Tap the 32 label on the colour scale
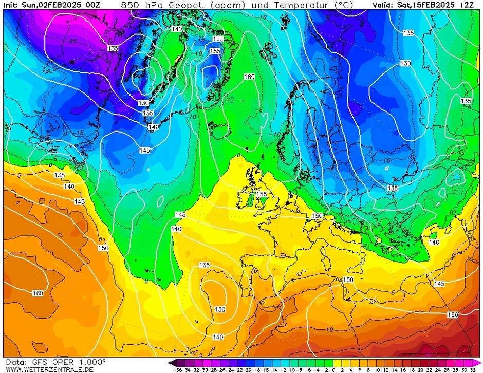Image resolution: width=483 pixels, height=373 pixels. (x=472, y=369)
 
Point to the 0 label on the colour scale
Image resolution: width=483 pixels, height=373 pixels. (x=333, y=369)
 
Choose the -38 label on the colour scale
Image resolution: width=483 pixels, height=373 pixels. (x=178, y=369)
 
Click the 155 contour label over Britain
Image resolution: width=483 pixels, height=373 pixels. (x=262, y=194)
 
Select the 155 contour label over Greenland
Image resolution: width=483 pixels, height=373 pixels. (x=215, y=51)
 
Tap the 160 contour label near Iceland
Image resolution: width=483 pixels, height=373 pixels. (x=249, y=77)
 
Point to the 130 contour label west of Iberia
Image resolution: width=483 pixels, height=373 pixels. (x=220, y=309)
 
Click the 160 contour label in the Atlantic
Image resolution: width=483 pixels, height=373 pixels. (x=38, y=293)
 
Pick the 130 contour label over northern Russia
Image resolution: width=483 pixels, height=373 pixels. (x=405, y=63)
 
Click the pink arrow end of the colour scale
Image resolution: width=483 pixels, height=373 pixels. (x=476, y=363)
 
